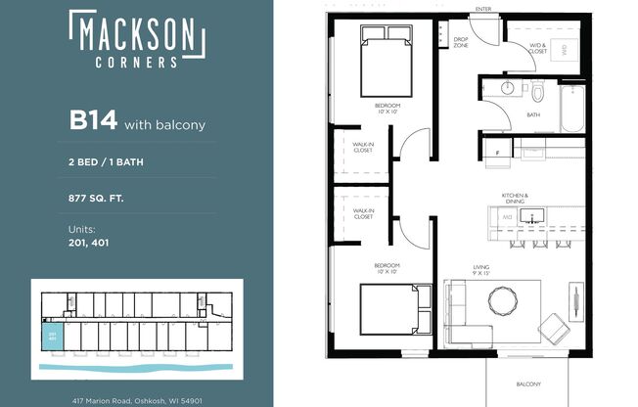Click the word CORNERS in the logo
coord(136,61)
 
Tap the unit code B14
coord(93,121)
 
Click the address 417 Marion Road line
coord(136,400)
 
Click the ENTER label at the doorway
coord(482,9)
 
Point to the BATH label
coord(533,114)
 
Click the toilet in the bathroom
coord(537,94)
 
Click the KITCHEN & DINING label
coord(515,199)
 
